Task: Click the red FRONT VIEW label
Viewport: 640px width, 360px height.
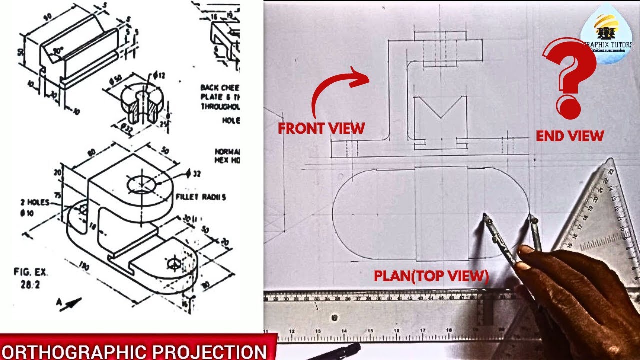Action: [x=321, y=128]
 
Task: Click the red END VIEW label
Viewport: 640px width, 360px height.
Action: [x=570, y=135]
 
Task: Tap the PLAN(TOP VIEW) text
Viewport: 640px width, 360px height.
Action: [x=431, y=276]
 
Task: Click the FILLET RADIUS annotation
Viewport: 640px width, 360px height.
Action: [x=200, y=197]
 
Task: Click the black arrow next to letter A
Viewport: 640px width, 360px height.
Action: [x=71, y=303]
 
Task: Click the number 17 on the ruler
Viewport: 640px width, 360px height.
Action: [x=423, y=330]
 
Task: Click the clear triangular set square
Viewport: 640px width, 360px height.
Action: [x=600, y=220]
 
